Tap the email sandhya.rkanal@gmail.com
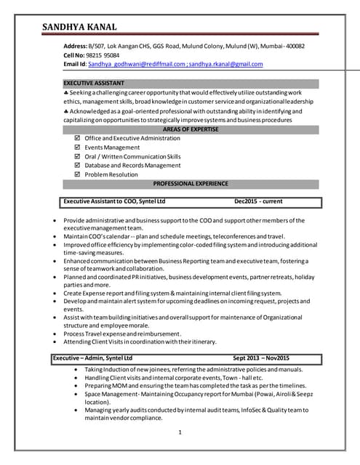(x=225, y=65)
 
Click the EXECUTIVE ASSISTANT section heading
(x=94, y=83)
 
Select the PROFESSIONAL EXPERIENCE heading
(x=191, y=184)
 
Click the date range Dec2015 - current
(x=258, y=201)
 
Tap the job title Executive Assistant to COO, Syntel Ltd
(x=115, y=201)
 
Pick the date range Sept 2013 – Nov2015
(x=261, y=358)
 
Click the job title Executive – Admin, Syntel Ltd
(x=92, y=358)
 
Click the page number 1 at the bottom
(x=180, y=433)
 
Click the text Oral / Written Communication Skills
(x=133, y=156)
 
